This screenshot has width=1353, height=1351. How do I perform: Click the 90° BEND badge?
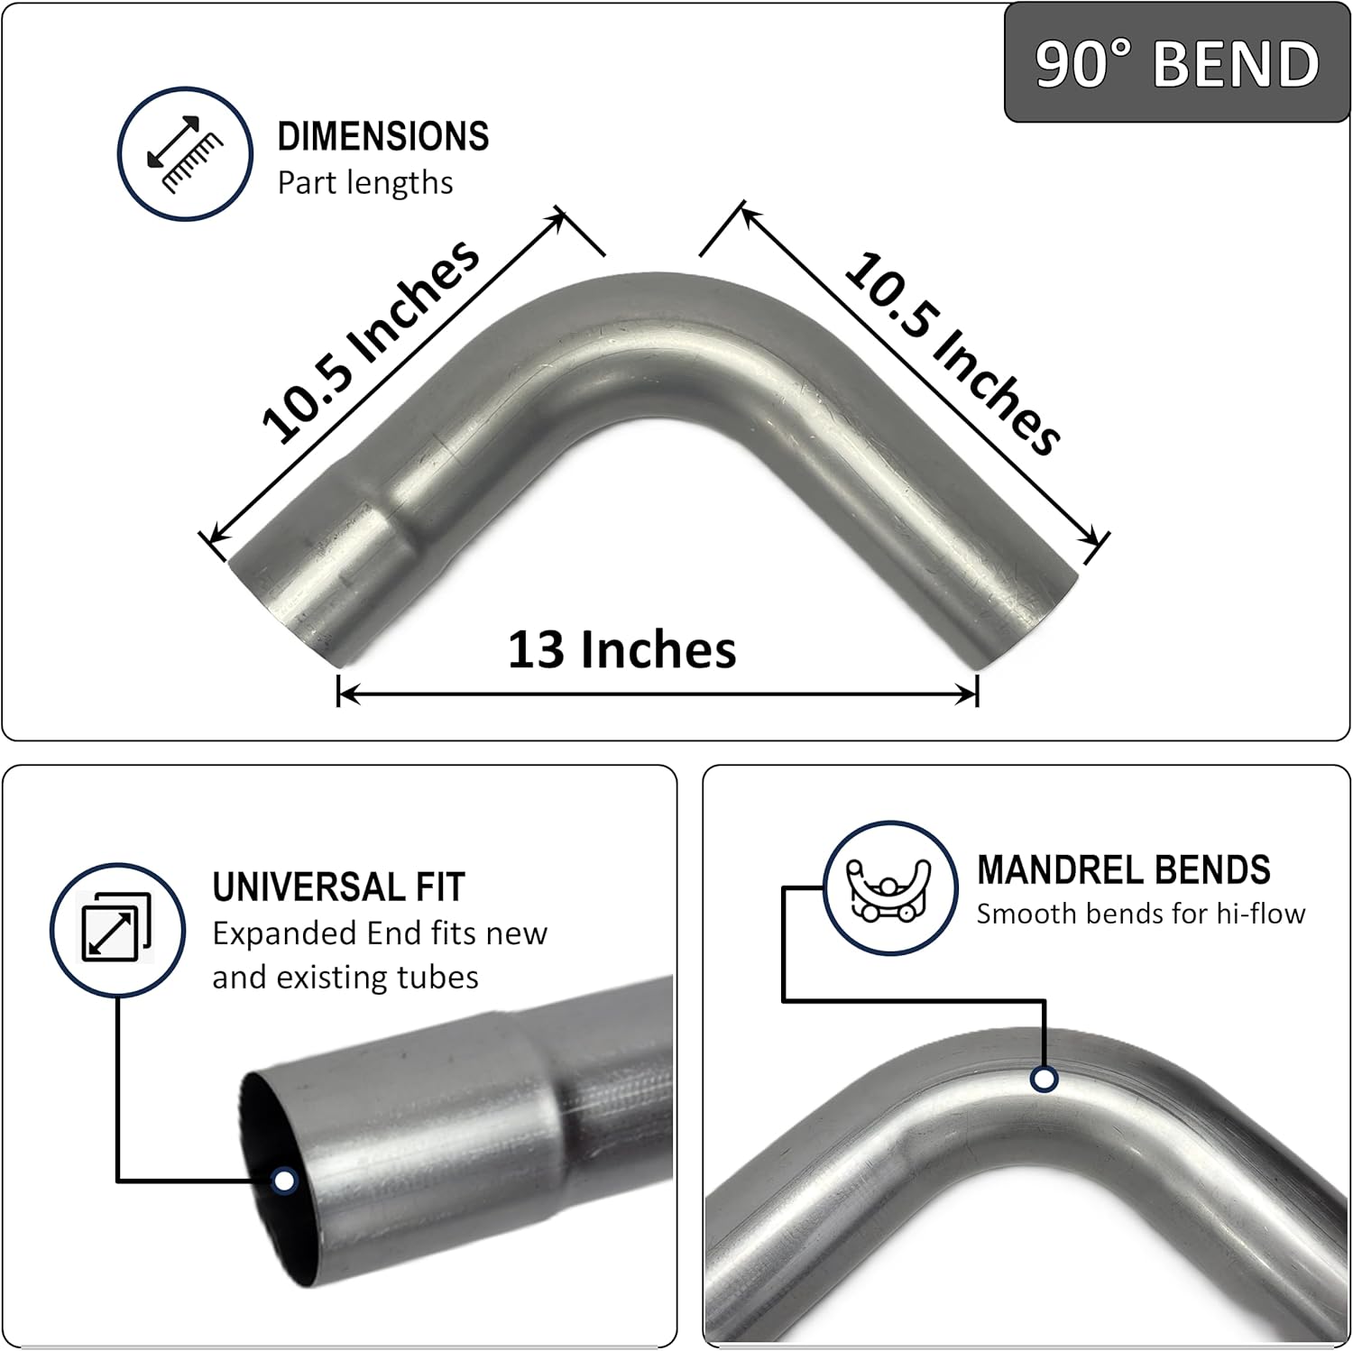click(x=1176, y=63)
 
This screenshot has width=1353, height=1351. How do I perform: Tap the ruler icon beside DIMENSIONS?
click(x=185, y=154)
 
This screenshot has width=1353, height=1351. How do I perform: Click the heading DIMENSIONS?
click(x=383, y=137)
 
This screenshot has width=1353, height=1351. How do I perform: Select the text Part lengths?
click(x=365, y=183)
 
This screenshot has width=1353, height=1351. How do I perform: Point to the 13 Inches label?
click(x=621, y=649)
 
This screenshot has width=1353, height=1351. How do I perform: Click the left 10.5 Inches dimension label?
click(x=370, y=343)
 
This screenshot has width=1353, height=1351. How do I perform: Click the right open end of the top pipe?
click(x=1028, y=613)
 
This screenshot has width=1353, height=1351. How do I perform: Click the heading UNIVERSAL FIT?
click(x=338, y=887)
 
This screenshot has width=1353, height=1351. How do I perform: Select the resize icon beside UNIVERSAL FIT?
click(x=116, y=928)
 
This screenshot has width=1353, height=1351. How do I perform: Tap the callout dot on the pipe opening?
click(x=284, y=1180)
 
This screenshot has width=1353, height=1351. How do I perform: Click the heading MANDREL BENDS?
click(x=1124, y=870)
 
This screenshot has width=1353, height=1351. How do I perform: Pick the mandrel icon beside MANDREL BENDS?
click(x=890, y=888)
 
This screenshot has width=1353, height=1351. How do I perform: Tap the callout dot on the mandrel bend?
click(x=1045, y=1079)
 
